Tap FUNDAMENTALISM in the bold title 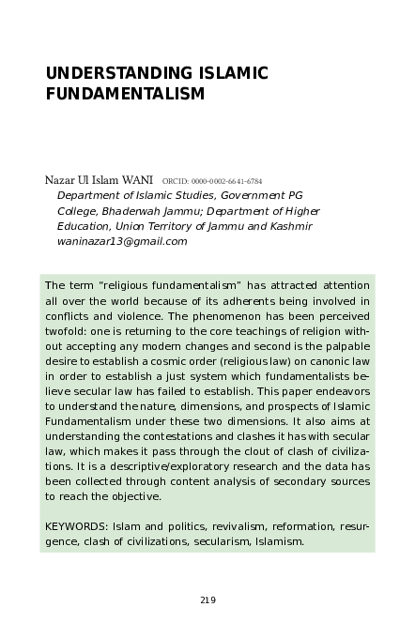(x=125, y=94)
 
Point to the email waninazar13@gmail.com (x=122, y=241)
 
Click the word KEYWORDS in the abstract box (x=73, y=528)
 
